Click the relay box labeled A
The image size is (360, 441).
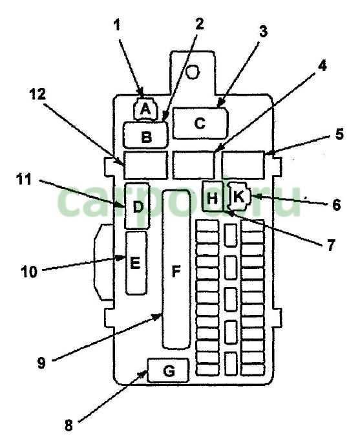click(145, 109)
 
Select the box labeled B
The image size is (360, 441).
click(145, 135)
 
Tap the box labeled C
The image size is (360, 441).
click(200, 123)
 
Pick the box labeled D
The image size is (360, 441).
click(137, 206)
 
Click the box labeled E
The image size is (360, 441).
click(136, 263)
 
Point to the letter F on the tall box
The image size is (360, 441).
click(176, 272)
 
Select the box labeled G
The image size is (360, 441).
click(168, 371)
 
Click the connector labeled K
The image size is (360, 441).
click(239, 196)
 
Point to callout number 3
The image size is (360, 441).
click(263, 31)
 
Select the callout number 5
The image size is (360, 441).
click(339, 134)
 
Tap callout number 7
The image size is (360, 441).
click(331, 245)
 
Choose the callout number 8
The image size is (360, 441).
click(69, 425)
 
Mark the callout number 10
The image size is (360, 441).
click(29, 272)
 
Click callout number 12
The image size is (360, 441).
click(37, 94)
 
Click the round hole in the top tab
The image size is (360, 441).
click(193, 71)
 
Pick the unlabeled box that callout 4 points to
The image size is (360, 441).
click(193, 165)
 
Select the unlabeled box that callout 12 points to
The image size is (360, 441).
click(145, 165)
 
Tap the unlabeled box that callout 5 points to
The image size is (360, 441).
click(243, 165)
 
